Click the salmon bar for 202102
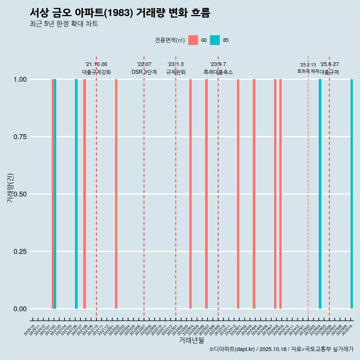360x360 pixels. click(x=53, y=194)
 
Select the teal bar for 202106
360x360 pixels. click(x=76, y=194)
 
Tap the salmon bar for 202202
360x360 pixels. click(x=116, y=194)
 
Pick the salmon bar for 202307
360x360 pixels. click(x=206, y=194)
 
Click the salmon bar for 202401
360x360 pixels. click(x=238, y=194)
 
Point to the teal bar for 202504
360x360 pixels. click(x=320, y=194)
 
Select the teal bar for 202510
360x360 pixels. click(x=352, y=194)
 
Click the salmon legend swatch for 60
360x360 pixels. click(x=193, y=40)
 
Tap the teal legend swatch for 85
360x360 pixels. click(x=215, y=40)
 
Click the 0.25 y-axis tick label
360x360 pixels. click(x=21, y=251)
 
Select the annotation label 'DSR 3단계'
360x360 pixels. click(x=144, y=72)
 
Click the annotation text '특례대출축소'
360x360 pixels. click(x=218, y=72)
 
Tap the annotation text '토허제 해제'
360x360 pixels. click(x=308, y=71)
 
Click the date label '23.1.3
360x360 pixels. click(x=175, y=64)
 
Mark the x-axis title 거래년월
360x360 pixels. click(x=191, y=340)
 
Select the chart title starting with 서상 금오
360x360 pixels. click(x=120, y=13)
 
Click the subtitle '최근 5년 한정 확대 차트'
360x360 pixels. click(x=64, y=24)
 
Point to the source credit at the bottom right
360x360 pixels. click(x=282, y=349)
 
